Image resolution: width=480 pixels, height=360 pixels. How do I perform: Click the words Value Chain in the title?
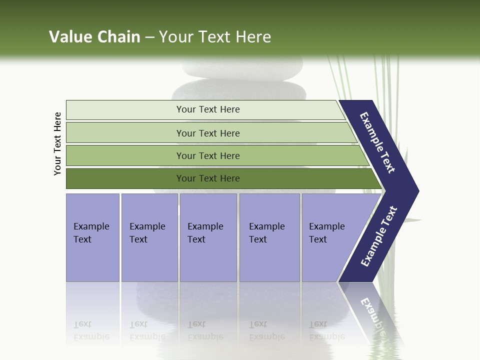tap(94, 37)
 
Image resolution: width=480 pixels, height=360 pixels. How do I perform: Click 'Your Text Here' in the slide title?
tap(215, 37)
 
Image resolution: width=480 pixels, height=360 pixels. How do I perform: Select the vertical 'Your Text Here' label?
tap(57, 144)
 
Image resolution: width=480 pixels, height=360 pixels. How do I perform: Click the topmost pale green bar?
tap(207, 109)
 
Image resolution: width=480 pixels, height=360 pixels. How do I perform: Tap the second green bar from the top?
tap(207, 133)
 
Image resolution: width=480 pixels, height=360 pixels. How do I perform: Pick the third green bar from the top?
tap(207, 155)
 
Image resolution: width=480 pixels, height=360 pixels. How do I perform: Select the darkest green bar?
tap(207, 178)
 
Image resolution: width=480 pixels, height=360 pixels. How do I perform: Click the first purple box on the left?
tap(92, 237)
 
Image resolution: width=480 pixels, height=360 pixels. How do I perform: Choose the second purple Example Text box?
tap(149, 237)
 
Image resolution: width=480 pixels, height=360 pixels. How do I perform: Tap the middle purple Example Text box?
tap(208, 237)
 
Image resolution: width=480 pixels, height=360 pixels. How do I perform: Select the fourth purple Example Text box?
tap(269, 237)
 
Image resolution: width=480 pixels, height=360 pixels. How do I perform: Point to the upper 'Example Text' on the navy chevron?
tap(377, 142)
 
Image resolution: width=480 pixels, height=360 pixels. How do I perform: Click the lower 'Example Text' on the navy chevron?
tap(379, 236)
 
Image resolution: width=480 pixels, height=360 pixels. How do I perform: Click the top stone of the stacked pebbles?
tap(242, 67)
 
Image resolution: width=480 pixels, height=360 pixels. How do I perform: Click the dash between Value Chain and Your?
tap(149, 37)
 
